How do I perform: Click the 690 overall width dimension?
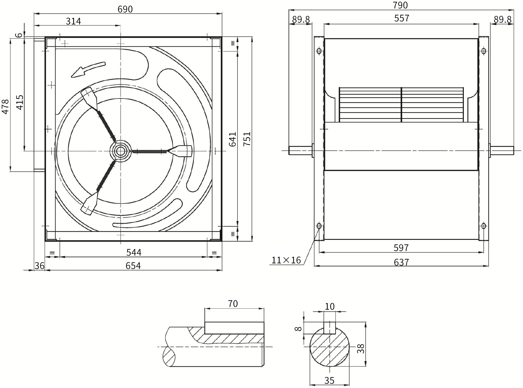[x=125, y=9]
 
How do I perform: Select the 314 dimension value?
[x=73, y=21]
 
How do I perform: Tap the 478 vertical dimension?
[x=5, y=107]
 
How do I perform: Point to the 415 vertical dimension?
[x=20, y=102]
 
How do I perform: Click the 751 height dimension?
[x=247, y=139]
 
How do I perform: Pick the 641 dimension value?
[x=233, y=139]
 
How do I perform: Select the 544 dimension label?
[x=134, y=252]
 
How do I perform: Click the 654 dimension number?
[x=133, y=266]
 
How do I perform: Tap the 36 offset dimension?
[x=39, y=266]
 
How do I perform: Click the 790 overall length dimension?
[x=400, y=5]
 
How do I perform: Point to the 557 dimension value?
[x=402, y=18]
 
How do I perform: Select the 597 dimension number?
[x=401, y=248]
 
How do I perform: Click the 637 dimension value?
[x=401, y=262]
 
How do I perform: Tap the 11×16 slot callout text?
[x=286, y=260]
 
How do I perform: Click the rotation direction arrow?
[x=88, y=69]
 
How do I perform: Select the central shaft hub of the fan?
[x=120, y=151]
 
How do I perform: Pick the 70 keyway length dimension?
[x=233, y=304]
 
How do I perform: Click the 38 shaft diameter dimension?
[x=360, y=348]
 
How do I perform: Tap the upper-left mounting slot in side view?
[x=319, y=51]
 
